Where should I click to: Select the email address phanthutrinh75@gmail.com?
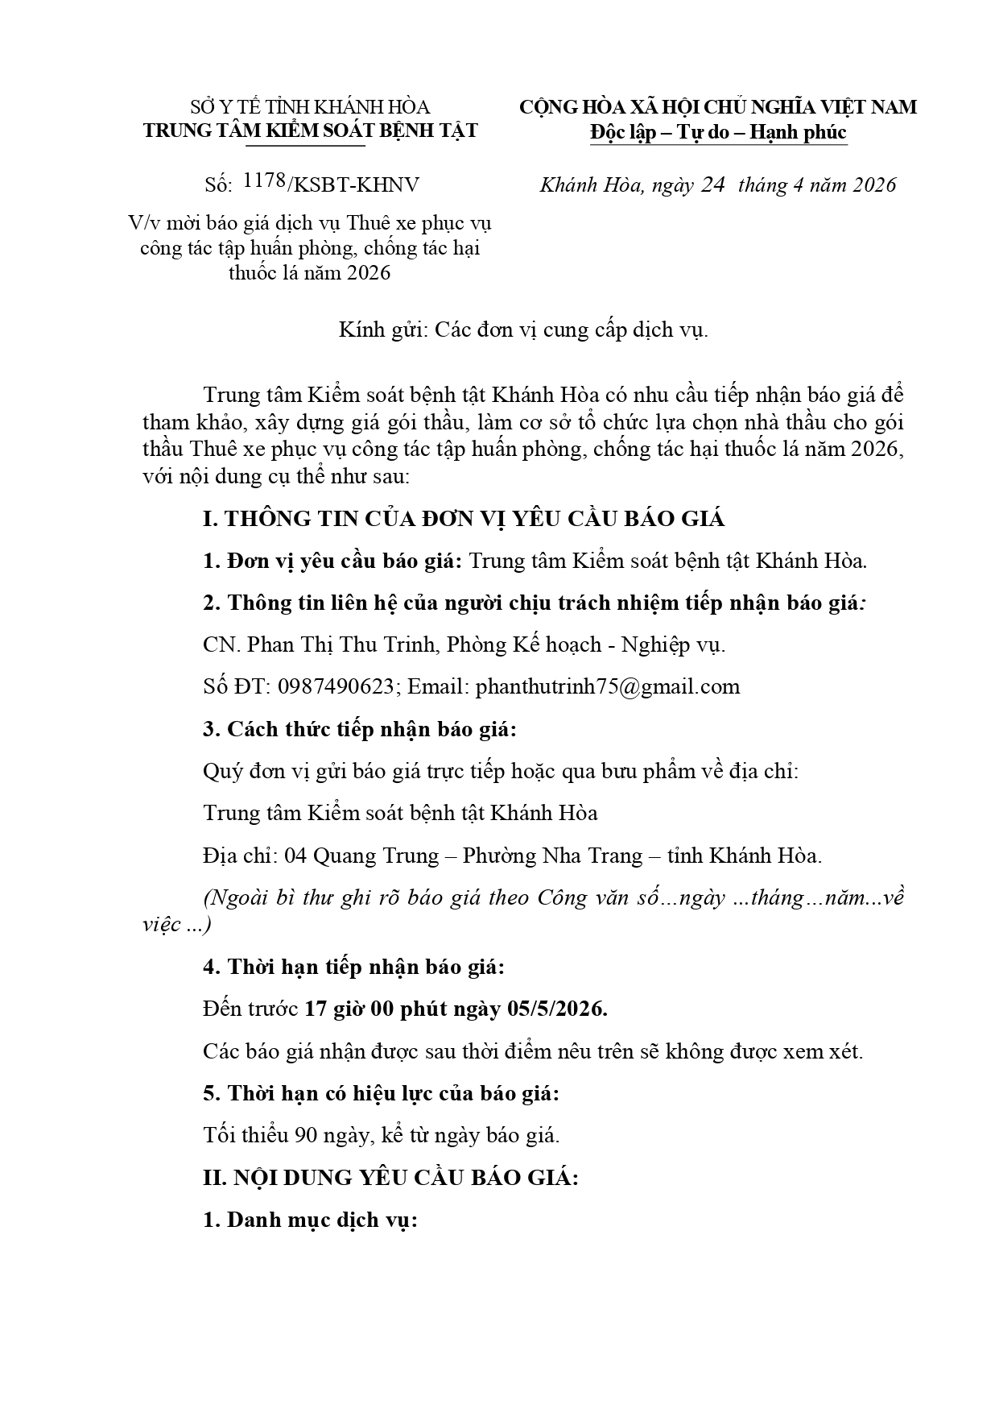608,686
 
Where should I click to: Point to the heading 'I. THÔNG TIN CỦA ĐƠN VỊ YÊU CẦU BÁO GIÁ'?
464,519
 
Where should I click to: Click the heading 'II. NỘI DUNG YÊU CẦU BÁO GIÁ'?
390,1178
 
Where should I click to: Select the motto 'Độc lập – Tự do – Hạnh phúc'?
718,132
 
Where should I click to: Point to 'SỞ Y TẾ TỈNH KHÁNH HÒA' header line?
310,107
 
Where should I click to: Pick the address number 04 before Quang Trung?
295,856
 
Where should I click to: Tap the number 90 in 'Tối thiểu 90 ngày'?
306,1136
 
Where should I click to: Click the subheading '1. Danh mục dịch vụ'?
310,1220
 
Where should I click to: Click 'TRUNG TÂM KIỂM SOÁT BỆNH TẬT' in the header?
310,131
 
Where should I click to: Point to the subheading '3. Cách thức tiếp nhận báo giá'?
359,729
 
